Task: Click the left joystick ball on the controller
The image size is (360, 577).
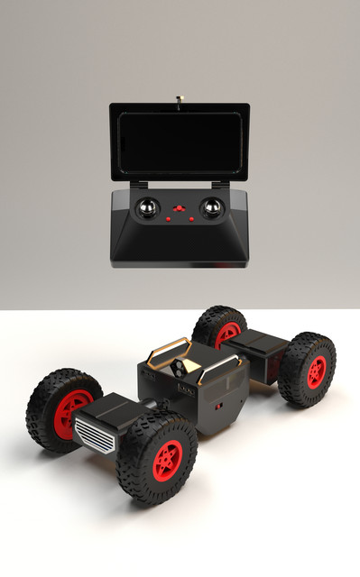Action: tap(147, 210)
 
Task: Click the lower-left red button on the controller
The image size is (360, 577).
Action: tap(169, 218)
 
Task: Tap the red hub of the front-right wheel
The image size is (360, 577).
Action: tap(167, 460)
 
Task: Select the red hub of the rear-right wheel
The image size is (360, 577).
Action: tap(316, 371)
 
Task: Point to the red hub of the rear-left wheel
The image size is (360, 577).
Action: tap(227, 334)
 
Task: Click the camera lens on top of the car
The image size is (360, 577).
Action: tap(180, 367)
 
